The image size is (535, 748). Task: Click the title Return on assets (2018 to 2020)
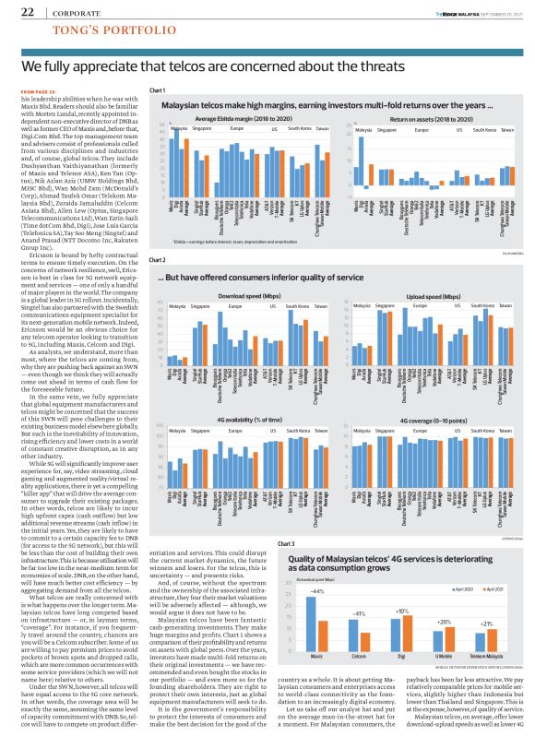click(428, 121)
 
